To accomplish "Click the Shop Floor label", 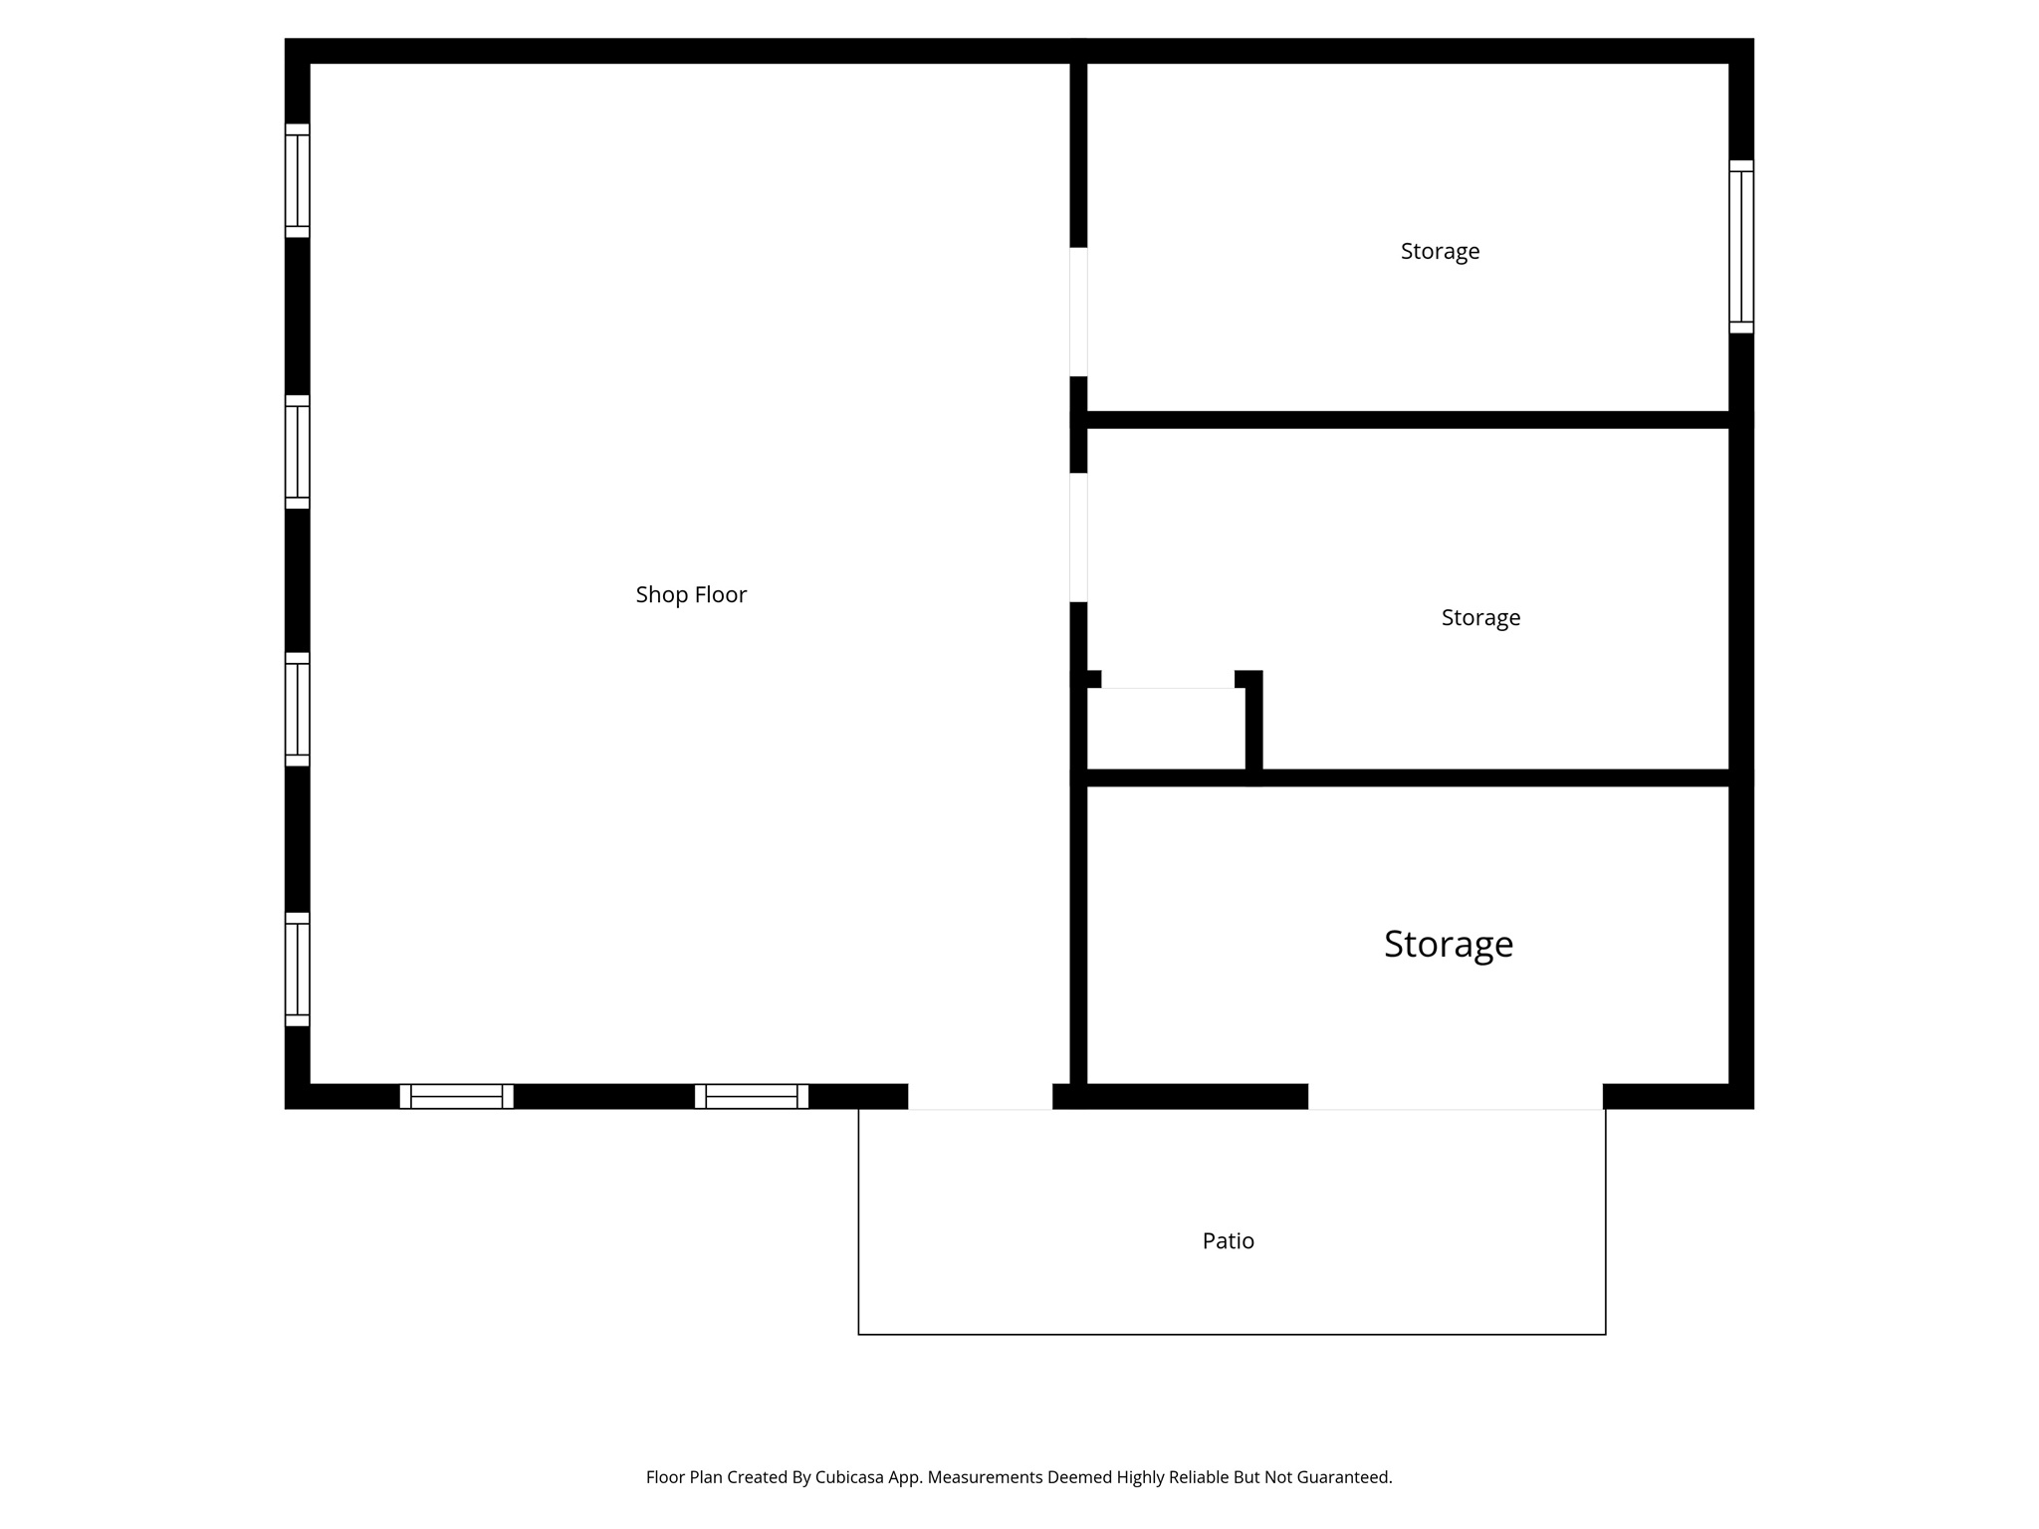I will [691, 594].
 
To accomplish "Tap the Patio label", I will [1228, 1240].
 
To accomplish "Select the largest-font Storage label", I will [1448, 944].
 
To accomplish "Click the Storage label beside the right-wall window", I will [1440, 251].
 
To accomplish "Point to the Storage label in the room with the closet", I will [1480, 617].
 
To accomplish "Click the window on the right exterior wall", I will [1740, 247].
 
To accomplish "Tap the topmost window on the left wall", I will [298, 180].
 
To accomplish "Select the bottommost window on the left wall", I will [298, 969].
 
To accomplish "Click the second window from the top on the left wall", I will [298, 452].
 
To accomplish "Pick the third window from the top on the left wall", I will [298, 709].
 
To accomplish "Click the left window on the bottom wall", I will [456, 1096].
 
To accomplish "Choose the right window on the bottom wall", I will [751, 1096].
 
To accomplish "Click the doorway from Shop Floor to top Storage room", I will [1078, 312].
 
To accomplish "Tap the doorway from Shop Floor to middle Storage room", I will [1078, 538].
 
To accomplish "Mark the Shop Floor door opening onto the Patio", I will [980, 1096].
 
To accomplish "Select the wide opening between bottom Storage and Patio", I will [1455, 1096].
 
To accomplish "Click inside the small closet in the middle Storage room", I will [1165, 729].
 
